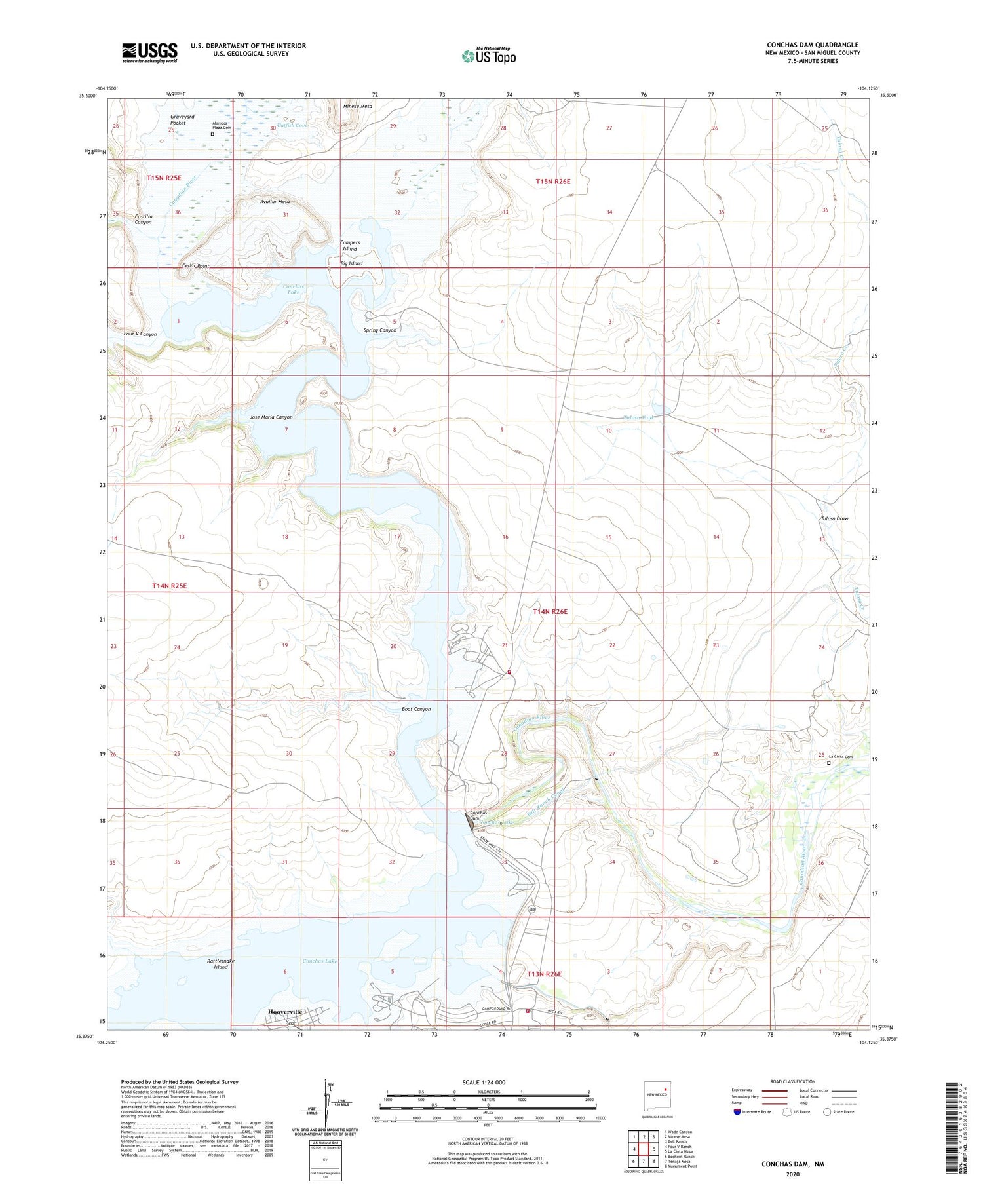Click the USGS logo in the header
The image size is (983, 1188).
(x=149, y=52)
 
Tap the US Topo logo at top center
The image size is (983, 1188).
(x=488, y=56)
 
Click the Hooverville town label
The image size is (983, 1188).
(x=285, y=1012)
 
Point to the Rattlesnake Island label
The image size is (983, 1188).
(x=221, y=964)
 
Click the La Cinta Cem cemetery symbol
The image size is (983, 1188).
(x=829, y=763)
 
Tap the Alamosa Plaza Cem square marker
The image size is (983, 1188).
(x=212, y=134)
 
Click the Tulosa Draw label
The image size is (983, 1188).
(x=834, y=518)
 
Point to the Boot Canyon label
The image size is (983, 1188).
(x=416, y=709)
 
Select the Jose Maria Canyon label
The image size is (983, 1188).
(x=271, y=417)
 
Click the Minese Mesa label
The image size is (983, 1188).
(x=358, y=106)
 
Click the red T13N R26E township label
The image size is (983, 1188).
(x=544, y=974)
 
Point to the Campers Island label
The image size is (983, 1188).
(x=350, y=246)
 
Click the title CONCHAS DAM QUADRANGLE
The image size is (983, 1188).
(x=813, y=45)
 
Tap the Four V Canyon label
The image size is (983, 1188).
(x=140, y=334)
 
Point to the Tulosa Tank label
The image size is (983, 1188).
(x=638, y=418)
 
